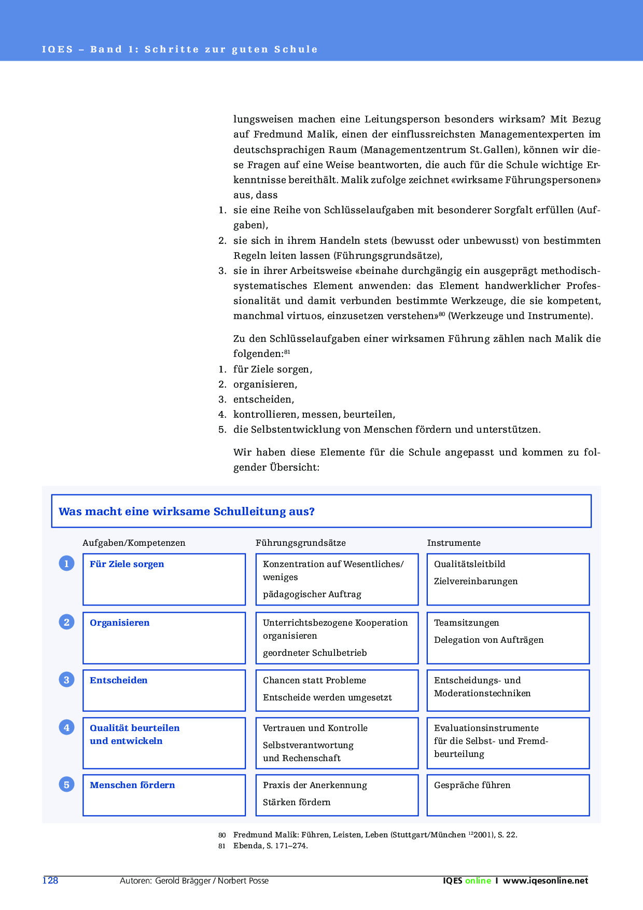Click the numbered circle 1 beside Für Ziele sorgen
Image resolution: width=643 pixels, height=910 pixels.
point(66,563)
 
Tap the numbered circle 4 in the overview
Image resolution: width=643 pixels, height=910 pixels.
point(66,727)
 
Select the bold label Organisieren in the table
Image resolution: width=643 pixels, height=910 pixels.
point(119,623)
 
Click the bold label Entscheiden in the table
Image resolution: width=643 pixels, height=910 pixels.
point(118,680)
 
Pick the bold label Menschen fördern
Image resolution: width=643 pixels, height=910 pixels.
point(132,785)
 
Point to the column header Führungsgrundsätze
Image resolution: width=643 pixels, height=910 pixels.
point(300,543)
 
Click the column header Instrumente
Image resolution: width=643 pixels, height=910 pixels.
point(453,543)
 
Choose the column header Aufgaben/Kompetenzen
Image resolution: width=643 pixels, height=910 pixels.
point(134,543)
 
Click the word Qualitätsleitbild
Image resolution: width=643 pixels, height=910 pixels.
point(469,564)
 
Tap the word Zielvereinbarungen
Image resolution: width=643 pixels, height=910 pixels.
point(476,581)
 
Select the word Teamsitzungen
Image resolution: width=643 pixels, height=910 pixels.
point(466,623)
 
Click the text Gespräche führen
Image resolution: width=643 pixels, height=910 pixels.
point(472,785)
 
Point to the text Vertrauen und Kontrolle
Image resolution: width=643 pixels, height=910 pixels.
point(315,728)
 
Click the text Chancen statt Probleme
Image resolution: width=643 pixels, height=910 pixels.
point(314,680)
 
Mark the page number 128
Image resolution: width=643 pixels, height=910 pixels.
point(50,880)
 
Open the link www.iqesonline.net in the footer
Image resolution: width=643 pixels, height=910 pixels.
point(546,880)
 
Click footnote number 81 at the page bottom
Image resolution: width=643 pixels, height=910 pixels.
point(222,846)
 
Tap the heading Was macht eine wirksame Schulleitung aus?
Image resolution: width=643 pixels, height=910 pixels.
point(187,512)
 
